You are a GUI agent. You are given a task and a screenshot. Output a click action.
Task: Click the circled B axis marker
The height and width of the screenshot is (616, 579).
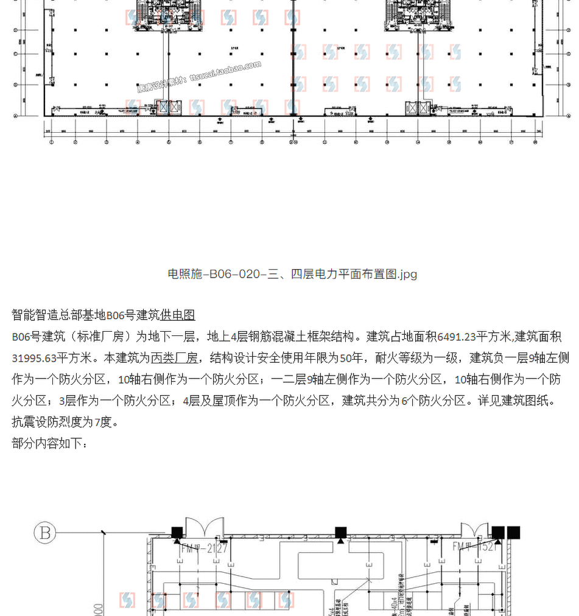coord(45,533)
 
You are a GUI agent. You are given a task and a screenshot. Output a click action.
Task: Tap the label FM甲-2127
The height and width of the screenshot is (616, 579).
coord(204,548)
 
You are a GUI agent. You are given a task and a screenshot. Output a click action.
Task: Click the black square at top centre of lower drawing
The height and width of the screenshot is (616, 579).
coord(340,533)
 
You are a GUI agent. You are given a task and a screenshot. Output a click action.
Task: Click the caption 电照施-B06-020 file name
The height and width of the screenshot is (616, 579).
coord(292,274)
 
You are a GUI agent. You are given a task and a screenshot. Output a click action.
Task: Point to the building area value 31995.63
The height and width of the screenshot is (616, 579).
coord(34,358)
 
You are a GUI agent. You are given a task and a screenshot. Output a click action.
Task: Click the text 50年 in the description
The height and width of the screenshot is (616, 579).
coord(351,358)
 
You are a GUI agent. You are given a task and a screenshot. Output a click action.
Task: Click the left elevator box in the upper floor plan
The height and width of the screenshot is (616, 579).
coord(165,108)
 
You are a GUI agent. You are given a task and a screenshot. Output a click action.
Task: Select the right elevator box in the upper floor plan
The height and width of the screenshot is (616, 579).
coord(418,108)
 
